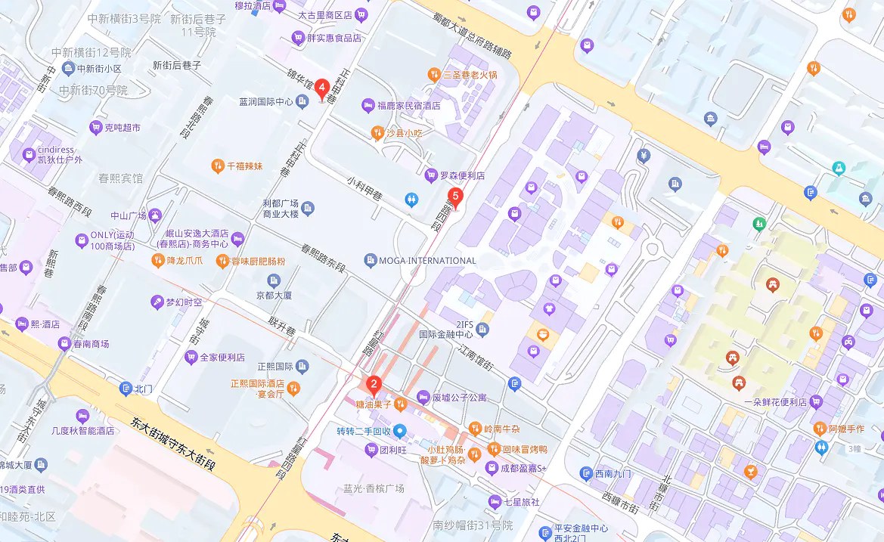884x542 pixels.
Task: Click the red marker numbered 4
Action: tap(322, 89)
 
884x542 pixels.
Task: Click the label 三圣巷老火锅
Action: tap(470, 75)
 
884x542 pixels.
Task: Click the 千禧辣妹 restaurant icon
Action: tap(218, 166)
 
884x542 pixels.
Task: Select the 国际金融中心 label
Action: tap(446, 333)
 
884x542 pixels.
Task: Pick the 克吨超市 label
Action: tap(123, 128)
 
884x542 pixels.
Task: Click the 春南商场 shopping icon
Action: tap(64, 344)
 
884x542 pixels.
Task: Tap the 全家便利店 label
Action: tap(222, 357)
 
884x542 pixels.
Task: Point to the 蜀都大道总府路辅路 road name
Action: tap(473, 35)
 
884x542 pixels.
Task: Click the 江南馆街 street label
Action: tap(476, 355)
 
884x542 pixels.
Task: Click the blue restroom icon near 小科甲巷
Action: tap(411, 200)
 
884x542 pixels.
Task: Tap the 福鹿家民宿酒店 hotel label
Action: tap(408, 106)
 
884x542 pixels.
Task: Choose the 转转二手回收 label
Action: tap(363, 432)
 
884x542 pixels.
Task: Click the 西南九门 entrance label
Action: tap(613, 474)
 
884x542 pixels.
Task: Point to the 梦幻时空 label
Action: tap(185, 302)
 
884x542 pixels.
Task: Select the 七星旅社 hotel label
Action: tap(521, 502)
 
